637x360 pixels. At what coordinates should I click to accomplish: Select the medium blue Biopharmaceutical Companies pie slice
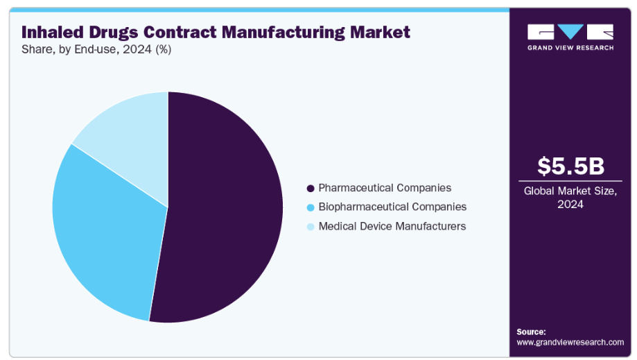tap(104, 229)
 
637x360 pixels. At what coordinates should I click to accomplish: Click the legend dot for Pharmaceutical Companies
tap(311, 188)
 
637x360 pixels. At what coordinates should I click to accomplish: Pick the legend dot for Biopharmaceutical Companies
tap(311, 207)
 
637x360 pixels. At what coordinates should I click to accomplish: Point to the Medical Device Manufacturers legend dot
tap(311, 227)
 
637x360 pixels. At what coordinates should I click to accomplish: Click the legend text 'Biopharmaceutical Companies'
tap(392, 207)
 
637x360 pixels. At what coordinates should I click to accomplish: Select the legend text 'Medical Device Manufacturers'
tap(392, 227)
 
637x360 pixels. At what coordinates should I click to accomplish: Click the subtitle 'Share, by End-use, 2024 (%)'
tap(96, 49)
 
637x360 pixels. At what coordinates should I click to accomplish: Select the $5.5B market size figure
tap(570, 166)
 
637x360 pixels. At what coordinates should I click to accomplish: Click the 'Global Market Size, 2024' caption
tap(570, 197)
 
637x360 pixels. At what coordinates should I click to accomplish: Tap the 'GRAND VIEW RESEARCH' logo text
tap(570, 48)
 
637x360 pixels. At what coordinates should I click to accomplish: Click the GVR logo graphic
tap(570, 32)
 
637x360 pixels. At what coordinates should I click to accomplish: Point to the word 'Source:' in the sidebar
tap(532, 332)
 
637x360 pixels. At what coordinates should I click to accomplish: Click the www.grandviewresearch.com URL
tap(570, 343)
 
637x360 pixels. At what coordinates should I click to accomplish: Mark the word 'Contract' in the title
tap(189, 32)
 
